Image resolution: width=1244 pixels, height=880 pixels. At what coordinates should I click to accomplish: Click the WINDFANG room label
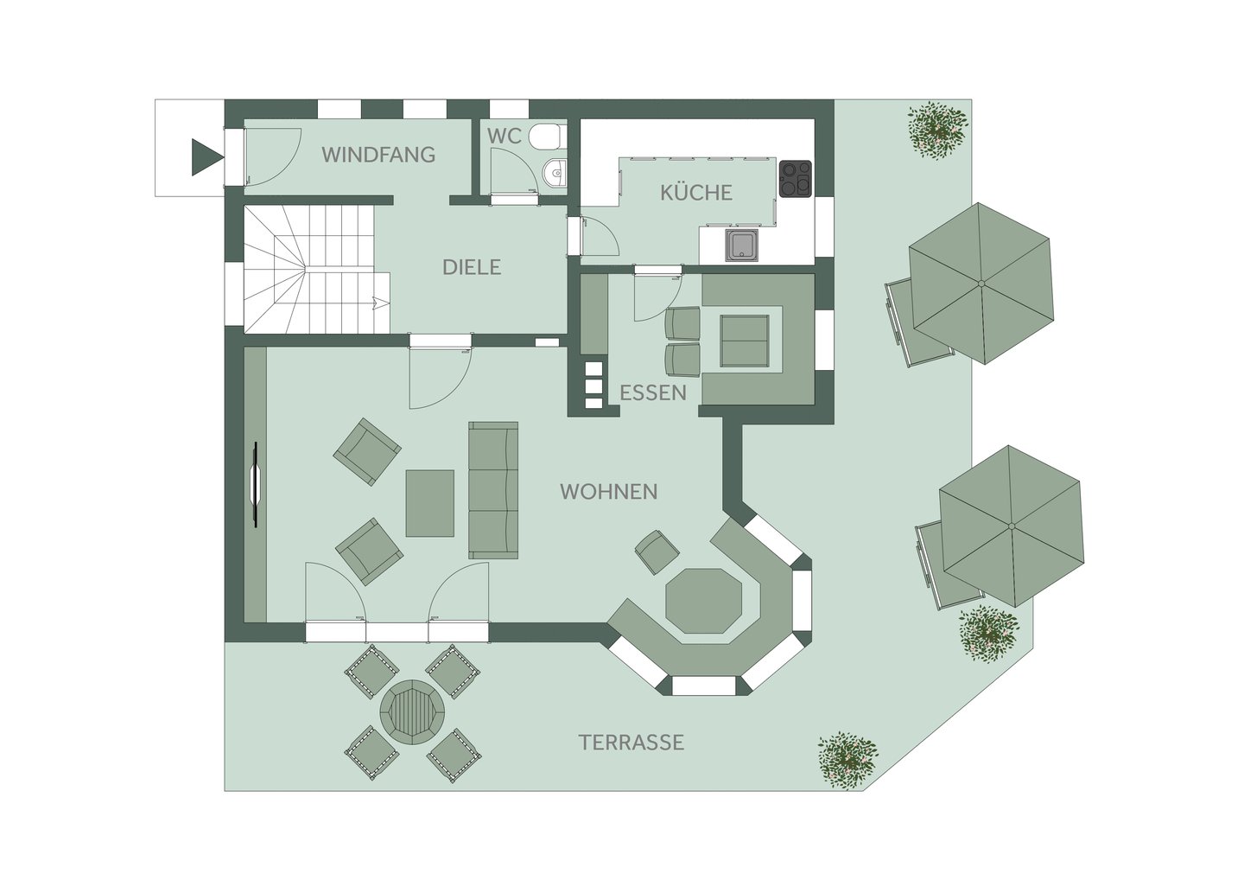378,155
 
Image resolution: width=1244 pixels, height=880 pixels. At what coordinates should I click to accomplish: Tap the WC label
505,136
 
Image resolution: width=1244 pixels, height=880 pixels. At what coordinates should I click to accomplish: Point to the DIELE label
472,267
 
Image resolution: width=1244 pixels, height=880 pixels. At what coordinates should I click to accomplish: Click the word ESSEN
653,392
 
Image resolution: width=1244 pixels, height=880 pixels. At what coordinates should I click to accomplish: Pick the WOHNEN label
609,492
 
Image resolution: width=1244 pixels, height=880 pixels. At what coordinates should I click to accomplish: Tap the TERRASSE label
632,743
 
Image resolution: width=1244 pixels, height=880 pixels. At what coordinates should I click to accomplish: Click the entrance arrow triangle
206,157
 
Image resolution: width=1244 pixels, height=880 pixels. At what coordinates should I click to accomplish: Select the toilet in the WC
547,137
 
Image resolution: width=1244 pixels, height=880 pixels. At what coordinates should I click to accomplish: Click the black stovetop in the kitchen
796,178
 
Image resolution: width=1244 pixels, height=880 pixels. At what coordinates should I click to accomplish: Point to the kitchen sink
744,245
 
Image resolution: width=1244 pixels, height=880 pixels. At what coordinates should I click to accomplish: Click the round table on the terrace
412,712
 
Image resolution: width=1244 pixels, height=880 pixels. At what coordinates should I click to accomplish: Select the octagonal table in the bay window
703,600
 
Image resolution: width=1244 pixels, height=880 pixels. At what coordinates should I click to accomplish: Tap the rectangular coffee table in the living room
430,503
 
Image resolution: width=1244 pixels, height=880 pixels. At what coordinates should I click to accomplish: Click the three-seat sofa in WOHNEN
493,490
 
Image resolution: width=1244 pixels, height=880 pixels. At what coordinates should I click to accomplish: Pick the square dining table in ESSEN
745,341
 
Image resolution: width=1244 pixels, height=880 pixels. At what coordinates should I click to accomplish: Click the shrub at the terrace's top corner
937,131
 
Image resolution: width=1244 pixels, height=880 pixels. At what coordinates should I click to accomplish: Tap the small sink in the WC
555,173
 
